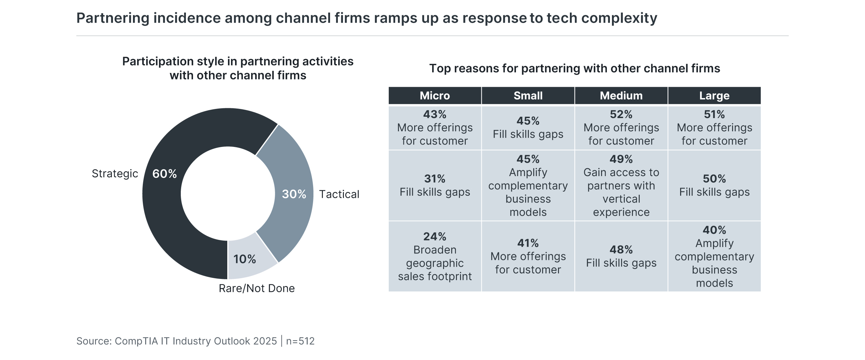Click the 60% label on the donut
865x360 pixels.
click(164, 174)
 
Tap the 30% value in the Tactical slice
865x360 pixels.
click(294, 194)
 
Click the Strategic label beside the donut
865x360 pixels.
click(115, 174)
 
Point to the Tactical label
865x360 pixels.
click(339, 194)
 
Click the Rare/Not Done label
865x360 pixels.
click(256, 288)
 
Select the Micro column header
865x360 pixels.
click(435, 96)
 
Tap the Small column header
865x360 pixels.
click(528, 96)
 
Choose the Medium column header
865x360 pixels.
click(621, 96)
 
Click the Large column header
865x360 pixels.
click(714, 96)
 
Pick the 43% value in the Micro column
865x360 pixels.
click(435, 114)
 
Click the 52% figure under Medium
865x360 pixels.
click(621, 114)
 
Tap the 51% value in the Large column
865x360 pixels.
click(714, 114)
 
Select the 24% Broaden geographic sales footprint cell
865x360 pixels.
click(435, 257)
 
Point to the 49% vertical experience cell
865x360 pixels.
click(621, 186)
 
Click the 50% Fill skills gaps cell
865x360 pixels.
click(714, 186)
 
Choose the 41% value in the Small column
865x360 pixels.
click(528, 243)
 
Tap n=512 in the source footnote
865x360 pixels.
click(300, 341)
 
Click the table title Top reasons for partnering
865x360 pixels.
click(574, 69)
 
